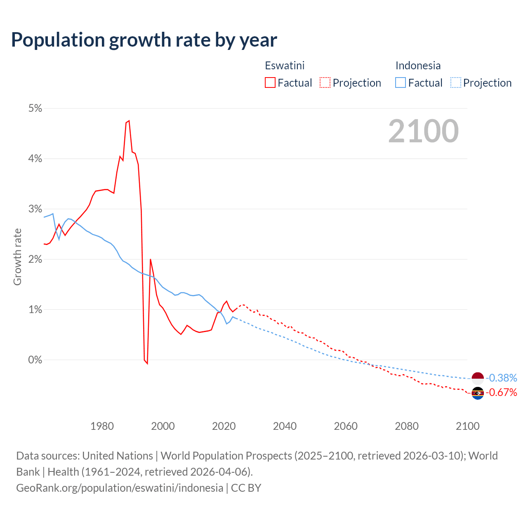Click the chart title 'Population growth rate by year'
144,40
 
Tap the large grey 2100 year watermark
423,131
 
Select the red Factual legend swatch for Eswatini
270,83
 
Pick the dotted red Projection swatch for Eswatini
325,83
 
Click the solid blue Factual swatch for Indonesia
401,83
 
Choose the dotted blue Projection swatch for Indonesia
455,83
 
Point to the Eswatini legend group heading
285,66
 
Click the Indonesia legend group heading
418,66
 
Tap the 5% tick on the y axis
35,108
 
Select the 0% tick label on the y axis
35,360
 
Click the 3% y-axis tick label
35,209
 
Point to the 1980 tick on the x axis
102,426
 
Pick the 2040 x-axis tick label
285,426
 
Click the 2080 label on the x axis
407,426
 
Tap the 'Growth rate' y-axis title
17,257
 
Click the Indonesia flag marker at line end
478,378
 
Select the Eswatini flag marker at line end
478,393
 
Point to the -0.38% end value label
501,378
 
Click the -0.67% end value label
501,392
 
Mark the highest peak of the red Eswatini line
129,120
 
